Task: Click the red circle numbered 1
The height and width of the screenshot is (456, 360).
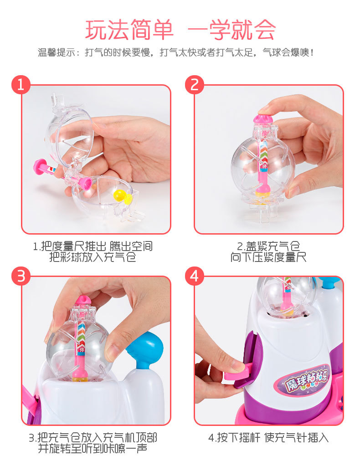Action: click(21, 85)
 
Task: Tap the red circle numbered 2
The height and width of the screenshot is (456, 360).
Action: click(195, 85)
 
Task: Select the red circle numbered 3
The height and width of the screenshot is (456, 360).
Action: click(21, 276)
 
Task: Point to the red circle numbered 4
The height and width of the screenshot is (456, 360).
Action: click(195, 276)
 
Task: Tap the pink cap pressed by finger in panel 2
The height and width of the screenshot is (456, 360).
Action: click(263, 118)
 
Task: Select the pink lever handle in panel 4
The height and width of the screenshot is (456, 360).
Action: click(237, 374)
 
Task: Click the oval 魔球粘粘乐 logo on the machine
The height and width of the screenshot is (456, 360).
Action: click(303, 382)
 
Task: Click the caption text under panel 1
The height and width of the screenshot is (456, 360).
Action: click(93, 252)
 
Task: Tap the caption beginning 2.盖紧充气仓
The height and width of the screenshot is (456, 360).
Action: click(268, 252)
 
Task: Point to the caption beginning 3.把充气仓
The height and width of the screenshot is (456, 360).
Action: click(93, 443)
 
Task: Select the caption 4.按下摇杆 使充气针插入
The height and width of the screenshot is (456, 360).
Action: click(268, 438)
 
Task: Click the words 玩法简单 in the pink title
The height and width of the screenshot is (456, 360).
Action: click(129, 30)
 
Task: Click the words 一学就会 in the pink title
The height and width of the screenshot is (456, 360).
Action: click(231, 30)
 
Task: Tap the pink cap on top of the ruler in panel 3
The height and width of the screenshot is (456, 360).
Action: click(83, 300)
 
